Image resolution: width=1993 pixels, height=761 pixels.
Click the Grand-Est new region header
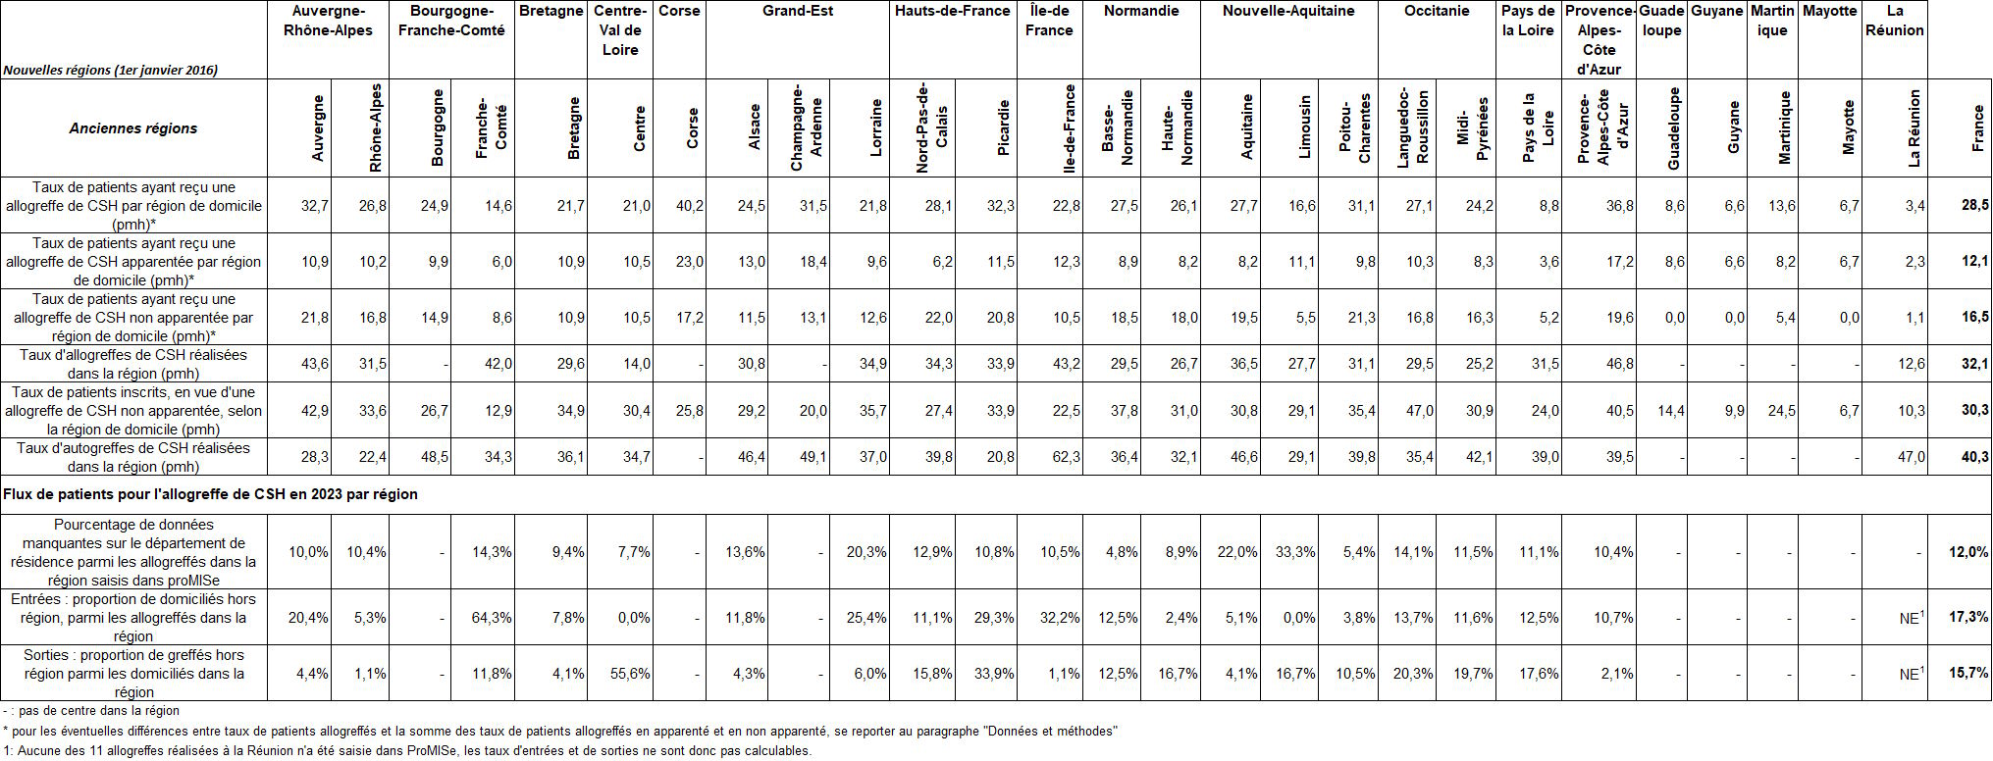(x=798, y=11)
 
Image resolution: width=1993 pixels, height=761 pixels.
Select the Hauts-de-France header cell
(x=952, y=11)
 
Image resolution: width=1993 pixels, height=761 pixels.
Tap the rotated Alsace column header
(x=755, y=127)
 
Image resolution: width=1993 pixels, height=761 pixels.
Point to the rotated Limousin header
(x=1304, y=127)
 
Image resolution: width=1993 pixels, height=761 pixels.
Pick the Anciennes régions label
(x=133, y=128)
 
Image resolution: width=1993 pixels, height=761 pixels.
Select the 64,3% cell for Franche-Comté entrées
(x=492, y=618)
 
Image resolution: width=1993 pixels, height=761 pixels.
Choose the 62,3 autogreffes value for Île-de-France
(x=1065, y=457)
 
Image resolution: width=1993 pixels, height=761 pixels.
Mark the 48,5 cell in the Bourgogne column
(x=434, y=457)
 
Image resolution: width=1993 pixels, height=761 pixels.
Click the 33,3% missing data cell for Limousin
(x=1295, y=552)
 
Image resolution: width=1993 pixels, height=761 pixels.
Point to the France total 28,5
(x=1975, y=206)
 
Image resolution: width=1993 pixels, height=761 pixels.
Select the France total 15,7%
(x=1969, y=674)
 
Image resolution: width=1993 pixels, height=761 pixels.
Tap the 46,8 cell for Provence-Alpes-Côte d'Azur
(x=1619, y=364)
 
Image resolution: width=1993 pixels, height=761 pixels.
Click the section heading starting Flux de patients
(x=211, y=494)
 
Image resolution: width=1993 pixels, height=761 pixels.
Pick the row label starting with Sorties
(x=133, y=674)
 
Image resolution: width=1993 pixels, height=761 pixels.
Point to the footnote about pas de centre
(x=91, y=711)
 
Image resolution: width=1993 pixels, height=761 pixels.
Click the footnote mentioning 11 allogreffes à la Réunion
(x=407, y=751)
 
